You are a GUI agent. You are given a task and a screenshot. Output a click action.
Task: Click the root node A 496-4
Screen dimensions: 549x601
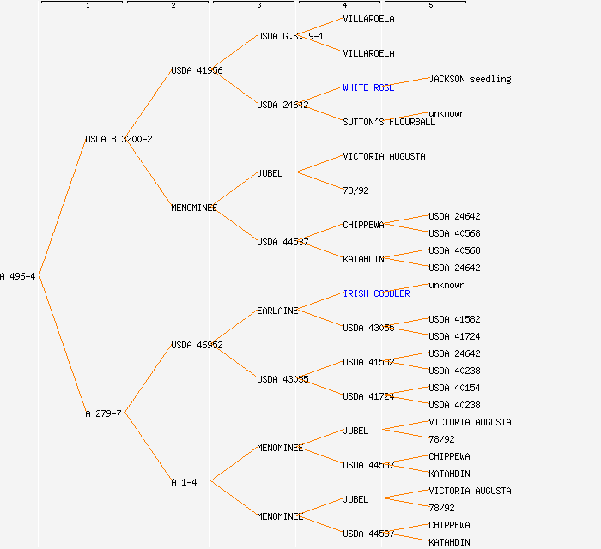tap(18, 276)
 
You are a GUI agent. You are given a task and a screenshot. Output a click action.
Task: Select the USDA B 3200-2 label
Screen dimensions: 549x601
tap(118, 139)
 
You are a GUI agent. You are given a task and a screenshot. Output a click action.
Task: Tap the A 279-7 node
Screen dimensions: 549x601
tap(103, 413)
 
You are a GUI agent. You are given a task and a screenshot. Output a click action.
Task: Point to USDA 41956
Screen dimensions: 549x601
tap(197, 70)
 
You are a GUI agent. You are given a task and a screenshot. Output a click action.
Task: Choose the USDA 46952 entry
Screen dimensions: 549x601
tap(197, 345)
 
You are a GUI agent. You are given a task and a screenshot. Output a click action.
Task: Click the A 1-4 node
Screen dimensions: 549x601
tap(184, 482)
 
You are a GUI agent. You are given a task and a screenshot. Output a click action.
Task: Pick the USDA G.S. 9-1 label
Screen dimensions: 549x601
tap(290, 36)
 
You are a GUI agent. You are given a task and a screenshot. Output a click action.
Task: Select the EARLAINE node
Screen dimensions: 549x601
tap(277, 311)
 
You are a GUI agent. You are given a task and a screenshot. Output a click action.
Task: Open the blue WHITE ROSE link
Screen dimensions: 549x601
tap(368, 87)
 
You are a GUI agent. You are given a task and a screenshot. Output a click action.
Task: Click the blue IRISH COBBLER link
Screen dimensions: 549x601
tap(376, 293)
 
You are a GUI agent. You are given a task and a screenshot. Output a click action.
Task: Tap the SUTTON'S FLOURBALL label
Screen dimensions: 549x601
tap(389, 122)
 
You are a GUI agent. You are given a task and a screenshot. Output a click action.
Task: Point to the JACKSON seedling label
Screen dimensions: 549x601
tap(470, 79)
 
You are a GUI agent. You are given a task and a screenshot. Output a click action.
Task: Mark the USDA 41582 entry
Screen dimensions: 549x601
tap(454, 319)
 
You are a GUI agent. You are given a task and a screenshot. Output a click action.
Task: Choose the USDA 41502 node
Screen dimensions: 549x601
tap(368, 362)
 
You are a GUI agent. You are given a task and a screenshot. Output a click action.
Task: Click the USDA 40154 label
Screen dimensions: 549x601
tap(454, 388)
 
